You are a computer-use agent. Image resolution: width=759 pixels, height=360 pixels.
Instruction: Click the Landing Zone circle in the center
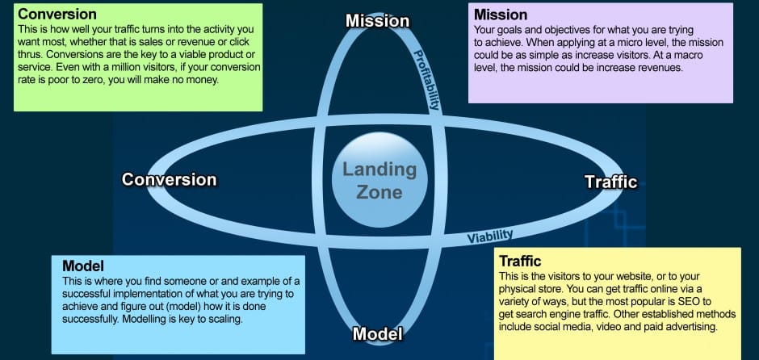[379, 181]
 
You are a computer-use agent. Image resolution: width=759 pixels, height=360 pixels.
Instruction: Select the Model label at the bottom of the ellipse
[378, 333]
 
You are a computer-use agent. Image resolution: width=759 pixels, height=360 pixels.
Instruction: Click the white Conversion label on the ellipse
[169, 179]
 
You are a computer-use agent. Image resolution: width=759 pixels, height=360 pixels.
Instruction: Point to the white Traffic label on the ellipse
[610, 182]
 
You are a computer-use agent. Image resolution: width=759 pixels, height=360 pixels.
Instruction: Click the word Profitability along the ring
[428, 80]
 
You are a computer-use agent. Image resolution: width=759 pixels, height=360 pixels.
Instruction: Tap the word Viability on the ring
[490, 236]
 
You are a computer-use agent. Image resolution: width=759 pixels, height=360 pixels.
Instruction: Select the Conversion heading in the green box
[57, 15]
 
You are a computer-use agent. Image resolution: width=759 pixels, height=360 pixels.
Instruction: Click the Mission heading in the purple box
[501, 15]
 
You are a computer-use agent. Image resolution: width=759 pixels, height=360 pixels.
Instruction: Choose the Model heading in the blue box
[83, 266]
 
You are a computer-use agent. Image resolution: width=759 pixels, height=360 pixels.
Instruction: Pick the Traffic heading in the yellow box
[520, 261]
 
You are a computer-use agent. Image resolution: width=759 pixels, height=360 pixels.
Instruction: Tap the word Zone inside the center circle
[379, 192]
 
